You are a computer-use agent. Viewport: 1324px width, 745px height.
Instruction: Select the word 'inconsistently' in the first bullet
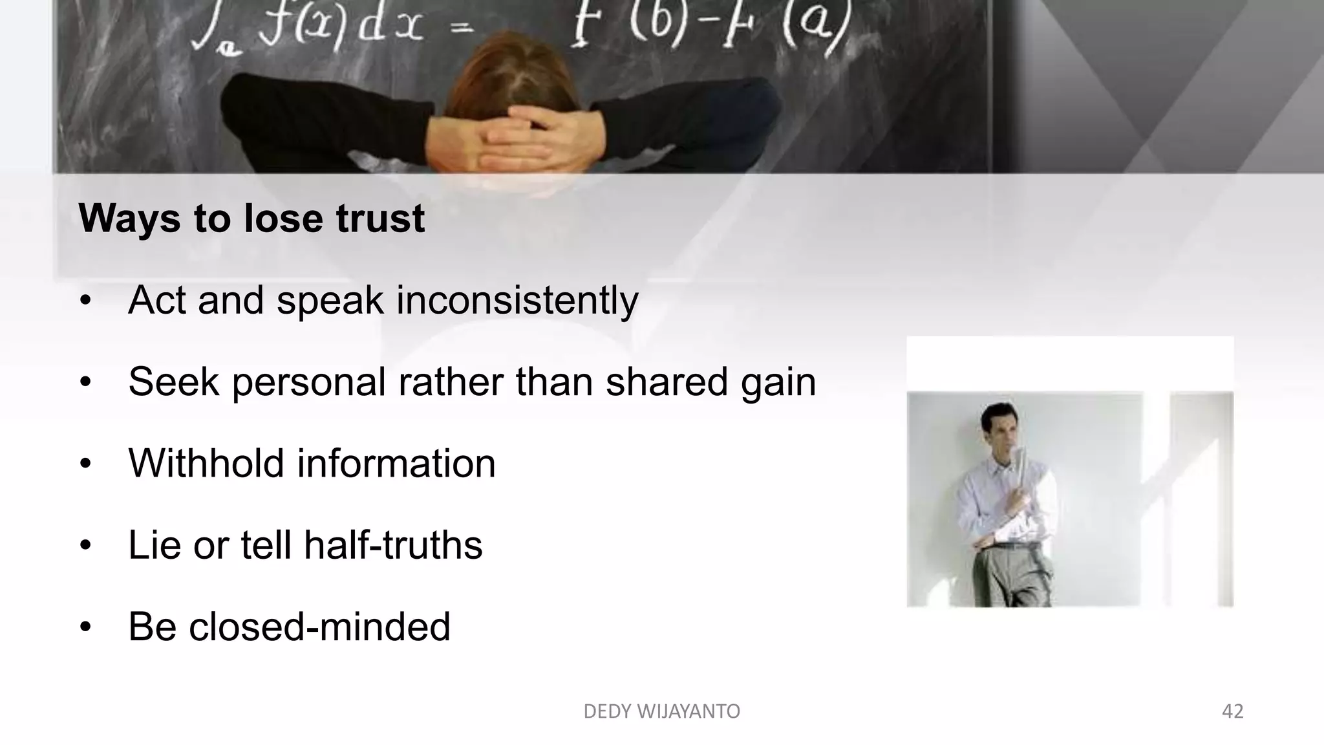(x=517, y=301)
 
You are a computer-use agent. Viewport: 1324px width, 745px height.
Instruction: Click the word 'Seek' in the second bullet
(x=173, y=382)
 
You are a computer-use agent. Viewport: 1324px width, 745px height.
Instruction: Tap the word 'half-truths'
(x=393, y=545)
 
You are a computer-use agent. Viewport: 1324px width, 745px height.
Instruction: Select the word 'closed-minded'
(x=319, y=627)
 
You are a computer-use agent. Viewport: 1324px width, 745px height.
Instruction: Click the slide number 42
(x=1232, y=711)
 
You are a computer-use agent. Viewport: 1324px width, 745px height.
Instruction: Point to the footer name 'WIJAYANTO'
(x=689, y=711)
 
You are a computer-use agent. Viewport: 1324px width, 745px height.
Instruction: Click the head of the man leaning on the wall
(x=996, y=424)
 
